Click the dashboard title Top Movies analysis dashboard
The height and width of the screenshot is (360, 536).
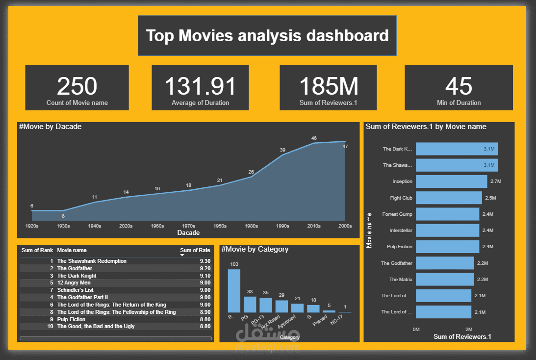click(267, 36)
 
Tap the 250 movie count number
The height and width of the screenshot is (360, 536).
click(77, 86)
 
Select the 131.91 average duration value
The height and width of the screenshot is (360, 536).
click(200, 86)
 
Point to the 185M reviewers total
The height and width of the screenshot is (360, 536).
click(329, 86)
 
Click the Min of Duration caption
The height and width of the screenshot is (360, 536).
click(459, 103)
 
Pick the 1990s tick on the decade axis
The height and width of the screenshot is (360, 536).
click(282, 226)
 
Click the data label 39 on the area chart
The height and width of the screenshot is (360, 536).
click(282, 150)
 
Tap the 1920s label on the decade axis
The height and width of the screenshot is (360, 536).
click(32, 226)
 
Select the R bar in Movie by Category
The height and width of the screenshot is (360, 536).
click(234, 291)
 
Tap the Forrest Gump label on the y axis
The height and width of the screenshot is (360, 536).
click(397, 214)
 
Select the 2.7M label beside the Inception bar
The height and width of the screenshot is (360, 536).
click(495, 181)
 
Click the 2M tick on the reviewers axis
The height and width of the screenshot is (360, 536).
click(468, 329)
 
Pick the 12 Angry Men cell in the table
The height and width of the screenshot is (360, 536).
click(74, 283)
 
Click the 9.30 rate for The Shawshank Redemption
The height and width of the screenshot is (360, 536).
click(205, 261)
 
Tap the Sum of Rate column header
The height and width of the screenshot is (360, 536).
click(195, 251)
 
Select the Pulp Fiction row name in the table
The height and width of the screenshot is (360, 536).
click(71, 319)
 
